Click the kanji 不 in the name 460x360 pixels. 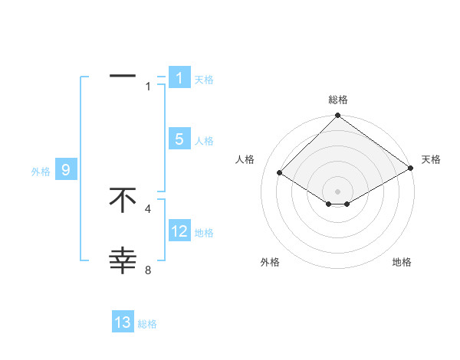click(123, 200)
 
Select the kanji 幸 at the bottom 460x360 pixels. click(123, 261)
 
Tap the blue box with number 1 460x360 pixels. click(179, 78)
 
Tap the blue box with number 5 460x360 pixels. click(179, 139)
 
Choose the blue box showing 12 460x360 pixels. click(179, 231)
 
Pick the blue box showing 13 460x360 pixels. click(123, 322)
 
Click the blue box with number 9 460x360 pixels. click(66, 170)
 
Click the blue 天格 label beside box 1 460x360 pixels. click(204, 80)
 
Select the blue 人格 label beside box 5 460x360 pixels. click(204, 141)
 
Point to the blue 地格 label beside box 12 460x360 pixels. click(204, 233)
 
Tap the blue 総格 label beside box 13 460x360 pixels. click(147, 324)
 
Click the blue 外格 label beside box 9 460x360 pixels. click(41, 172)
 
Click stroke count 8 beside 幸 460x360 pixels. click(148, 270)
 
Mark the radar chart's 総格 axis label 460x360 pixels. click(337, 100)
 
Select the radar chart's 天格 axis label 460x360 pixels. click(431, 159)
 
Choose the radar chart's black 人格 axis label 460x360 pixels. click(245, 159)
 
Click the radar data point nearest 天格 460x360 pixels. click(411, 170)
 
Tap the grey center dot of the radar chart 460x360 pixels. click(337, 191)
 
